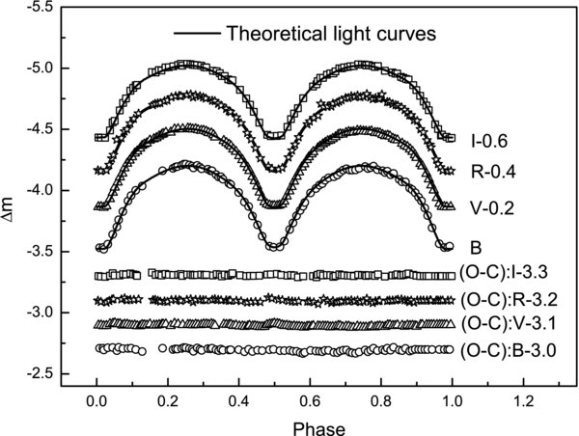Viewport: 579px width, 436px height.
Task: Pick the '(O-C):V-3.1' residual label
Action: (x=511, y=322)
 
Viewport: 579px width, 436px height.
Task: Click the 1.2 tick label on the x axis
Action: (x=523, y=397)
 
